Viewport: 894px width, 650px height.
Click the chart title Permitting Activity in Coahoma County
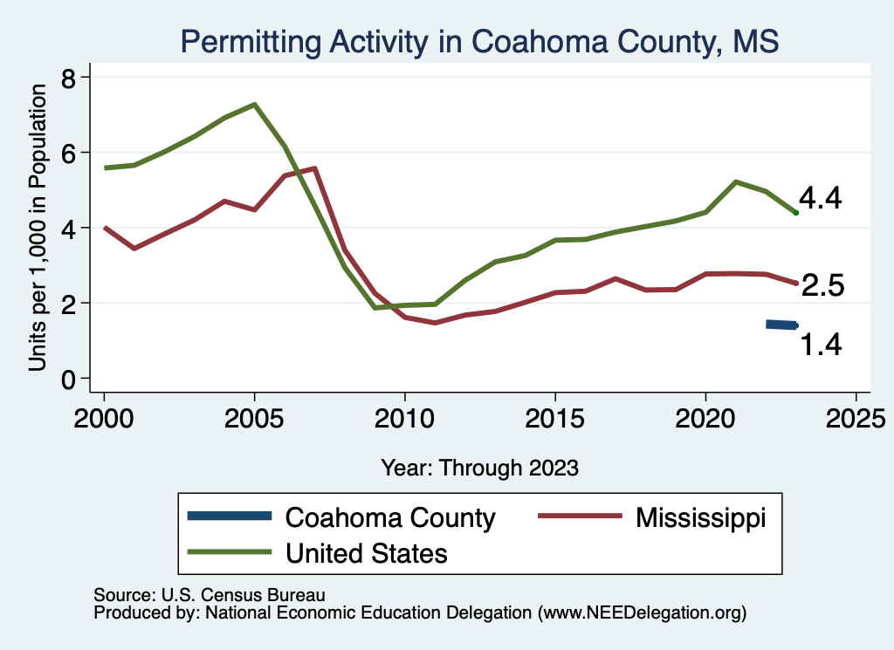[478, 41]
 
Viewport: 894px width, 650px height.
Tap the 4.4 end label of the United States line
[820, 199]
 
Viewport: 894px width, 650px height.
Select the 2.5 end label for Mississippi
[822, 285]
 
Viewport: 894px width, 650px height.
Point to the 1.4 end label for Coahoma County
[822, 345]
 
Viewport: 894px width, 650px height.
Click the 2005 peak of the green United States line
[254, 105]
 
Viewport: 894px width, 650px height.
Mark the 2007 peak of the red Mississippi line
[314, 168]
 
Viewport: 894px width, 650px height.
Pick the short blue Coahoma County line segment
[781, 325]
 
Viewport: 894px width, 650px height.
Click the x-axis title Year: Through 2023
[479, 468]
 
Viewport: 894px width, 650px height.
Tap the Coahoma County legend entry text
[390, 518]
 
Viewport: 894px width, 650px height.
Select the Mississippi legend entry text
[700, 517]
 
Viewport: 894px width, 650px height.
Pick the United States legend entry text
[367, 552]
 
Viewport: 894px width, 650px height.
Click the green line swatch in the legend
[230, 552]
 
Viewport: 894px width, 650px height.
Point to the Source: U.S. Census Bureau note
[210, 595]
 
